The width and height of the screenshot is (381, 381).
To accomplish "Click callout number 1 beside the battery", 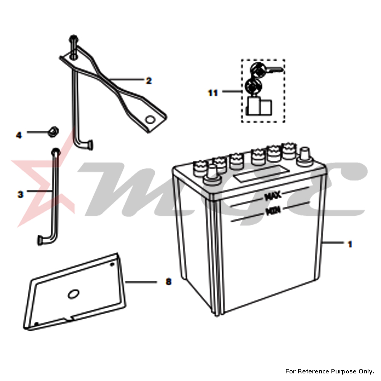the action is click(x=350, y=244).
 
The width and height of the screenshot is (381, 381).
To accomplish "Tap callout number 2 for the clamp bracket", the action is click(x=149, y=81).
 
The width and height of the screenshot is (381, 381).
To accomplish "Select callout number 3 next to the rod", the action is click(x=21, y=194).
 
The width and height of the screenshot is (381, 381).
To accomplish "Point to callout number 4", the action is click(x=19, y=135).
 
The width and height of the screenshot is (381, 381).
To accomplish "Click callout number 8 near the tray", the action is click(x=168, y=282).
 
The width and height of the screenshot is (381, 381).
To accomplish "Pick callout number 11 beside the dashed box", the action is click(x=213, y=93).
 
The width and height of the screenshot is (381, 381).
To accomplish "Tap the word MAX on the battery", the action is click(x=273, y=195).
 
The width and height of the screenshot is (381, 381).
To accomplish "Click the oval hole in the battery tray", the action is click(x=73, y=294).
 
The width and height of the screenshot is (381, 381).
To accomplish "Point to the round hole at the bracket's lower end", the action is click(x=150, y=120).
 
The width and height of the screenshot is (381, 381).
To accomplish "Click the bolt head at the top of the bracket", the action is click(x=74, y=38).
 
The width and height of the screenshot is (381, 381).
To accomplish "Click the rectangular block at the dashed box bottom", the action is click(x=259, y=106).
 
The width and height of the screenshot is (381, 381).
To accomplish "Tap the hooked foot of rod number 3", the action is click(x=45, y=240).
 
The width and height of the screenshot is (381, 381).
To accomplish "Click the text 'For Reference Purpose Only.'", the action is click(x=330, y=371).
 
